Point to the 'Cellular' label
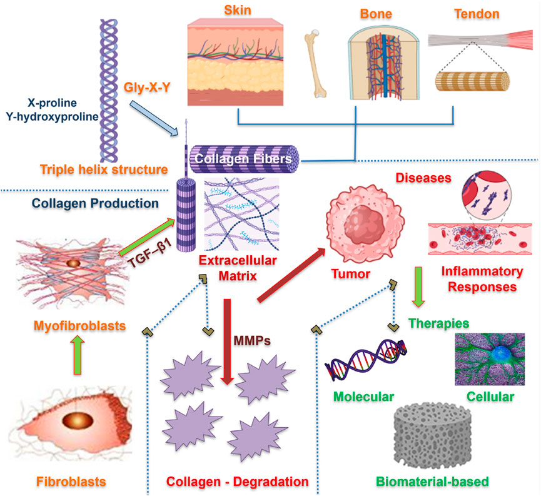pyautogui.click(x=490, y=397)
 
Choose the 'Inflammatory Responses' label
pyautogui.click(x=482, y=280)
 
